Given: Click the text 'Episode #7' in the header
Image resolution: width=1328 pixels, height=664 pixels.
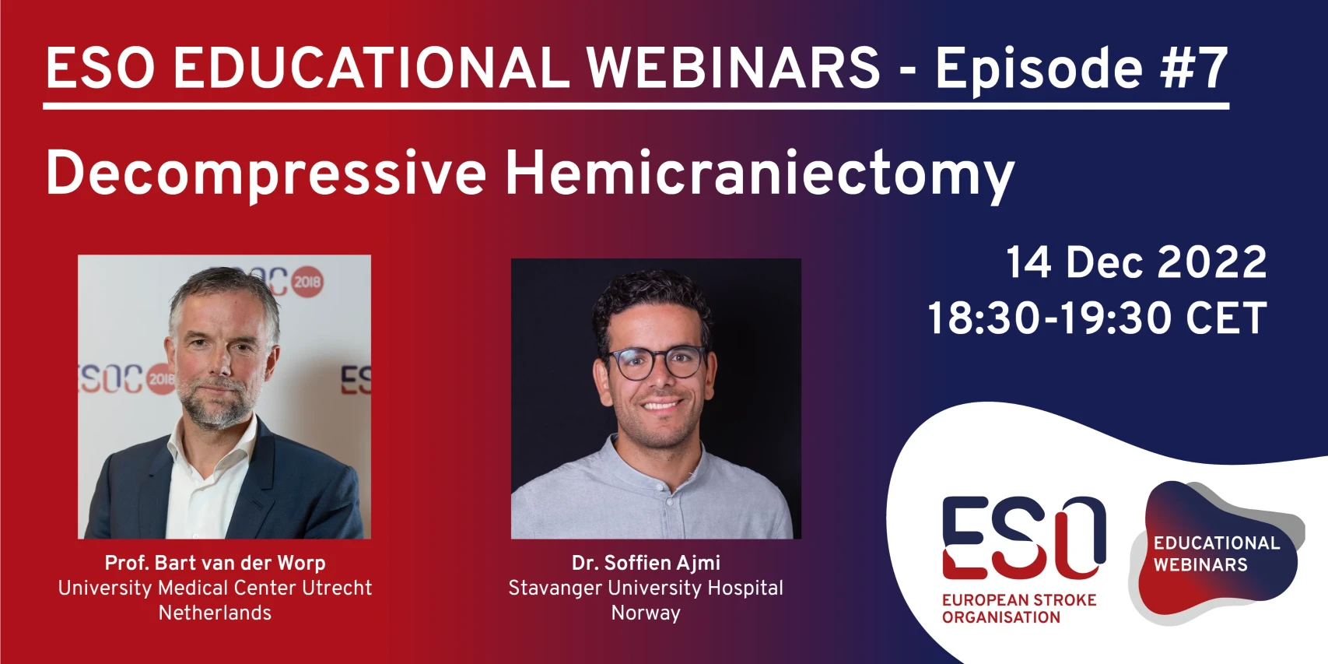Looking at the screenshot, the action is coord(1081,71).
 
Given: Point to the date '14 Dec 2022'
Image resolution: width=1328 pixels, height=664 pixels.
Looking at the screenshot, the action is coord(1136,262).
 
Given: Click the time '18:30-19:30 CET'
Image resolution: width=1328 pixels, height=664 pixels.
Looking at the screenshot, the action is coord(1097,318).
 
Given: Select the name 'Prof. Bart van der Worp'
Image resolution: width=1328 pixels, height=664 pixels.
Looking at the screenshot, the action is coord(215,563).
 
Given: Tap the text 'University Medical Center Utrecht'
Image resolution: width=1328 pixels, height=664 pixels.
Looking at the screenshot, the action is coord(215,588).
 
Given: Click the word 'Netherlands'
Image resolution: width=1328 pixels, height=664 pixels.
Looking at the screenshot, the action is coord(215,613).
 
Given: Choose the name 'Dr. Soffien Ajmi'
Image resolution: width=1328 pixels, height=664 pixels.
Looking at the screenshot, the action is coord(646,563).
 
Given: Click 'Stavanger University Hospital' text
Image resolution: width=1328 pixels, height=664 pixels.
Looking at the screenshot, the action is coord(646,588).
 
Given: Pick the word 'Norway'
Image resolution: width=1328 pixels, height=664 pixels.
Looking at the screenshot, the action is coord(646,613).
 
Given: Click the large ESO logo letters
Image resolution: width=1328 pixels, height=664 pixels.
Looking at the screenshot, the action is coord(1024,538).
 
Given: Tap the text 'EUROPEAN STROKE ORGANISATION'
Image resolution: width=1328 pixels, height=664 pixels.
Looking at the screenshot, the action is coord(1019,609).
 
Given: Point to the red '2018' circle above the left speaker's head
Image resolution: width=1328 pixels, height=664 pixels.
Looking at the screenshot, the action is coord(307,281).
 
